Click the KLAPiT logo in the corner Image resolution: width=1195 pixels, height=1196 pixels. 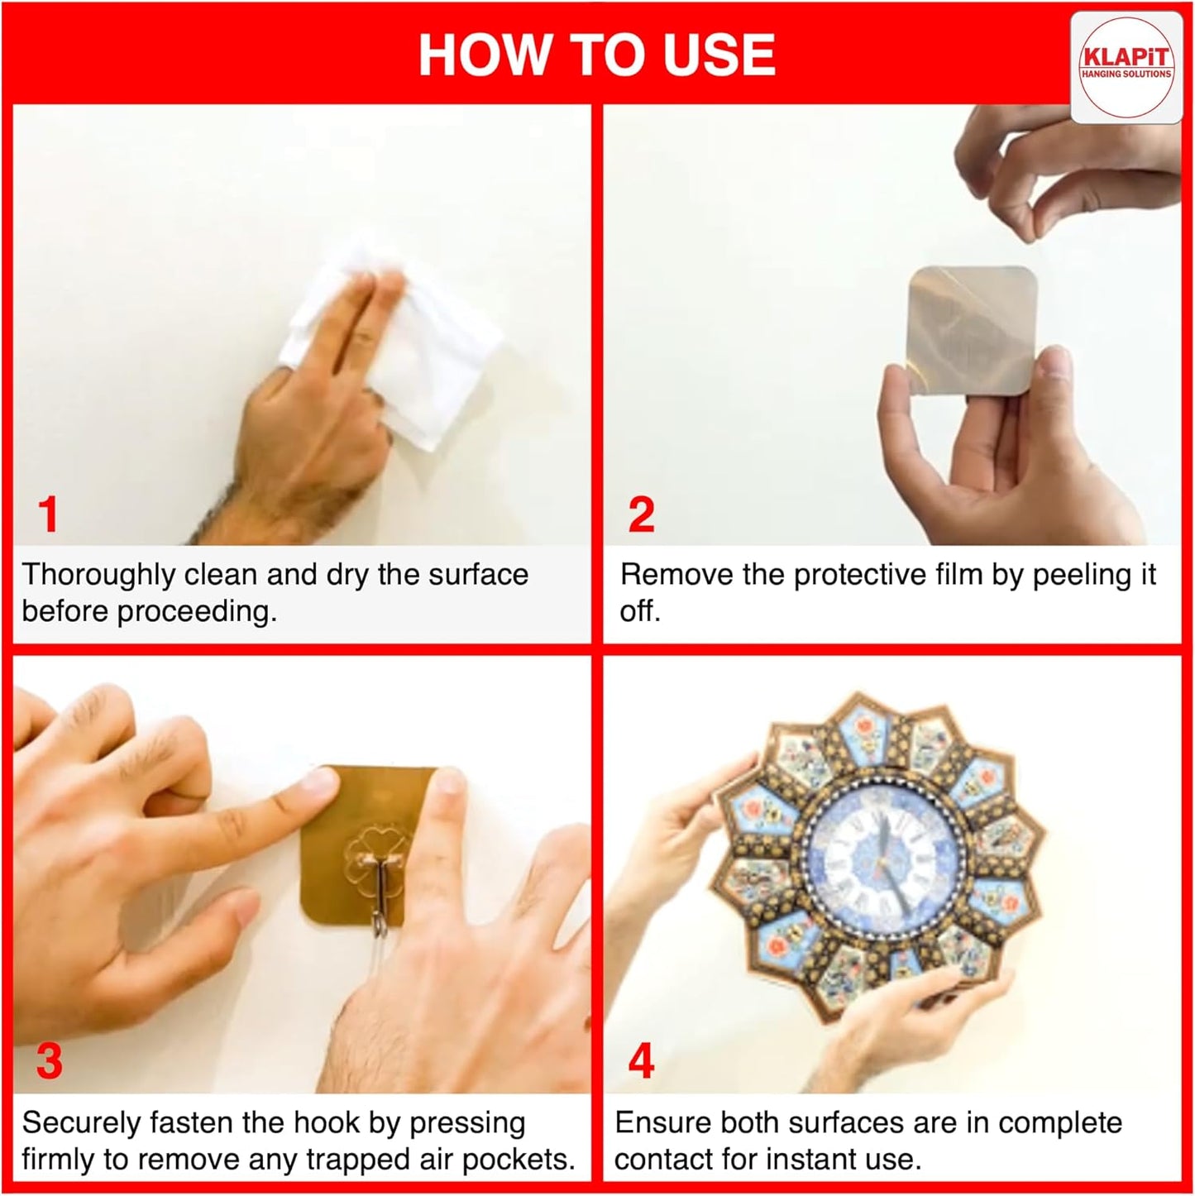click(x=1126, y=67)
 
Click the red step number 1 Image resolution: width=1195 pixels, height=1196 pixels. click(x=48, y=514)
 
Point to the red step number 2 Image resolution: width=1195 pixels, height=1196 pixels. click(x=641, y=514)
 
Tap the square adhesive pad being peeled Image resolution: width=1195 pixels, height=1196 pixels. click(x=972, y=330)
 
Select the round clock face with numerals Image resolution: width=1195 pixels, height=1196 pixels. click(x=886, y=864)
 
